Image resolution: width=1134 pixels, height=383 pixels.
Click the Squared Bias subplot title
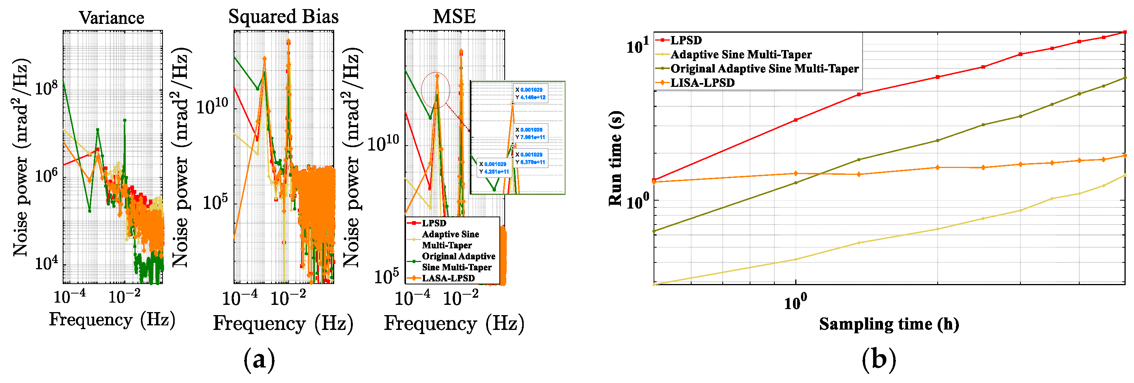click(283, 17)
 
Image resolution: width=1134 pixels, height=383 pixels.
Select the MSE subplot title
click(454, 17)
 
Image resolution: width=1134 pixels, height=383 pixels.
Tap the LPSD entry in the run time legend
click(685, 40)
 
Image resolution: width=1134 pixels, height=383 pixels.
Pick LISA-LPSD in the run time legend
click(702, 82)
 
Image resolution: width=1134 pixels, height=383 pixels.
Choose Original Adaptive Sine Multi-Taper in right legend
click(764, 68)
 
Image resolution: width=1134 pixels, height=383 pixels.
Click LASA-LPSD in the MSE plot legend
click(448, 278)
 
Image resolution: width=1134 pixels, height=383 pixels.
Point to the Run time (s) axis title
click(616, 158)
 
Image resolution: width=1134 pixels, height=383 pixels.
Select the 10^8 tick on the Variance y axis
click(46, 88)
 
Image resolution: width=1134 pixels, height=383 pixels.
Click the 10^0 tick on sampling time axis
click(795, 303)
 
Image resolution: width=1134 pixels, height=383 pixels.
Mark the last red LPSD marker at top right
click(1125, 32)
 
